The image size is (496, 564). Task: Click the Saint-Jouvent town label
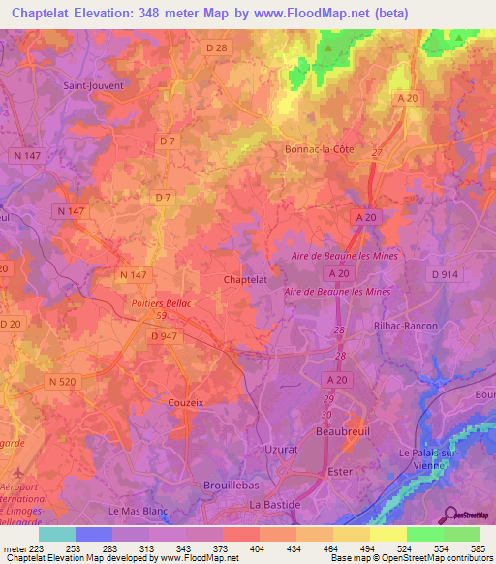pos(94,84)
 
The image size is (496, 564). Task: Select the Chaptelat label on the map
pos(245,279)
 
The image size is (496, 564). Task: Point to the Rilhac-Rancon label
pos(406,326)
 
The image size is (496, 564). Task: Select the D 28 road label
pos(216,46)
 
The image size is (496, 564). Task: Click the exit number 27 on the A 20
pos(376,154)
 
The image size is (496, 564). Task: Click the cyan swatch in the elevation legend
pos(56,534)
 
